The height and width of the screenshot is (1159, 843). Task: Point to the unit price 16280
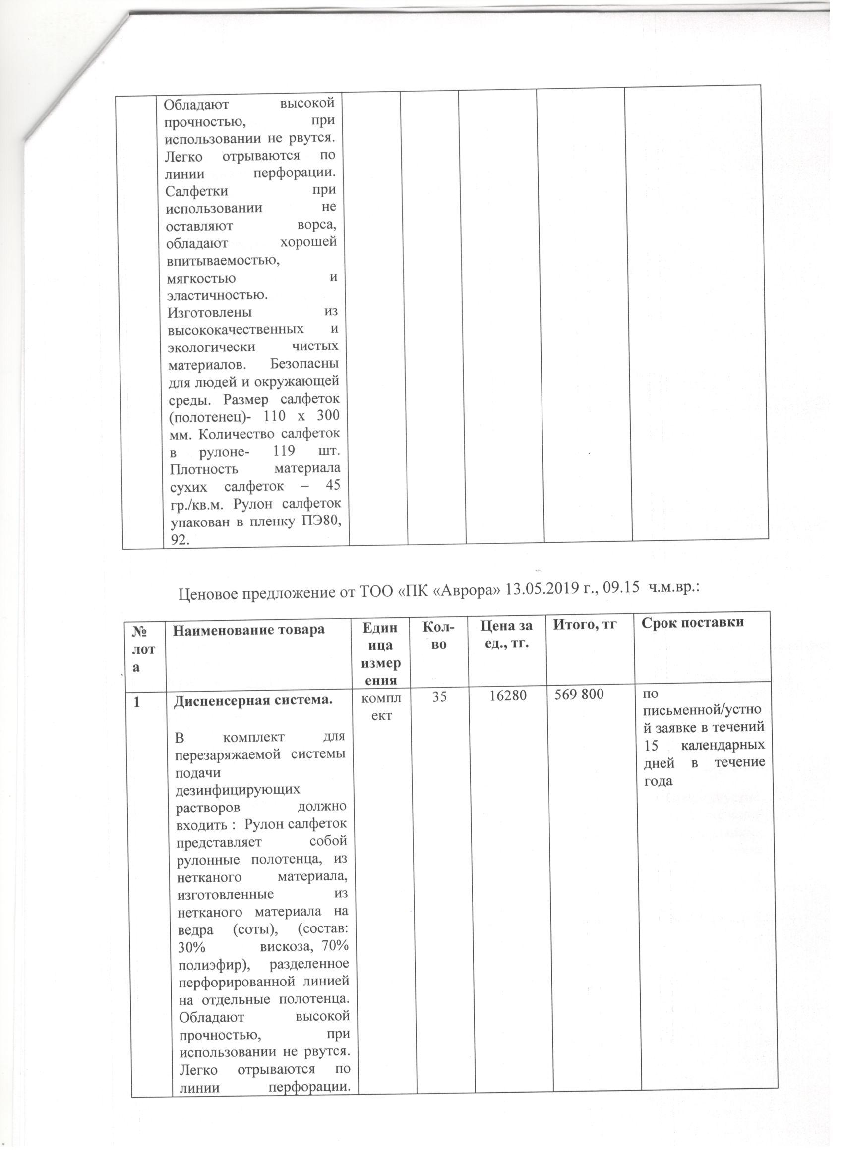click(506, 695)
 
